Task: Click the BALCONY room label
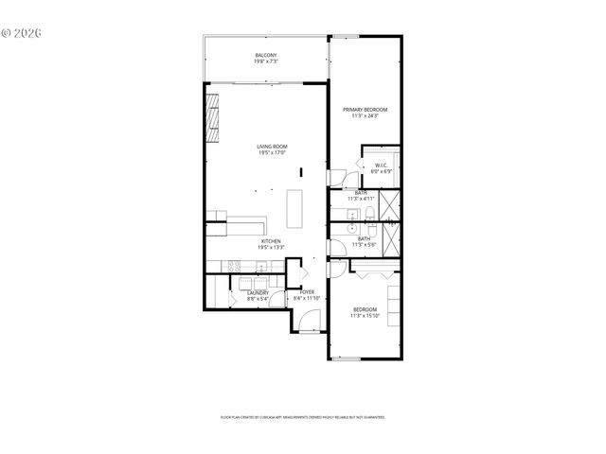point(266,56)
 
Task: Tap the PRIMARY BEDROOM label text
point(365,110)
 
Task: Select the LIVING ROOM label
point(272,147)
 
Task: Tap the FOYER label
point(308,293)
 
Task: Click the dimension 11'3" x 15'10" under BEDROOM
point(365,316)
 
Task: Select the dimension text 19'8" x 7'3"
point(266,62)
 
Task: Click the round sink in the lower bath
point(351,230)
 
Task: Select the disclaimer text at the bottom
point(303,416)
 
